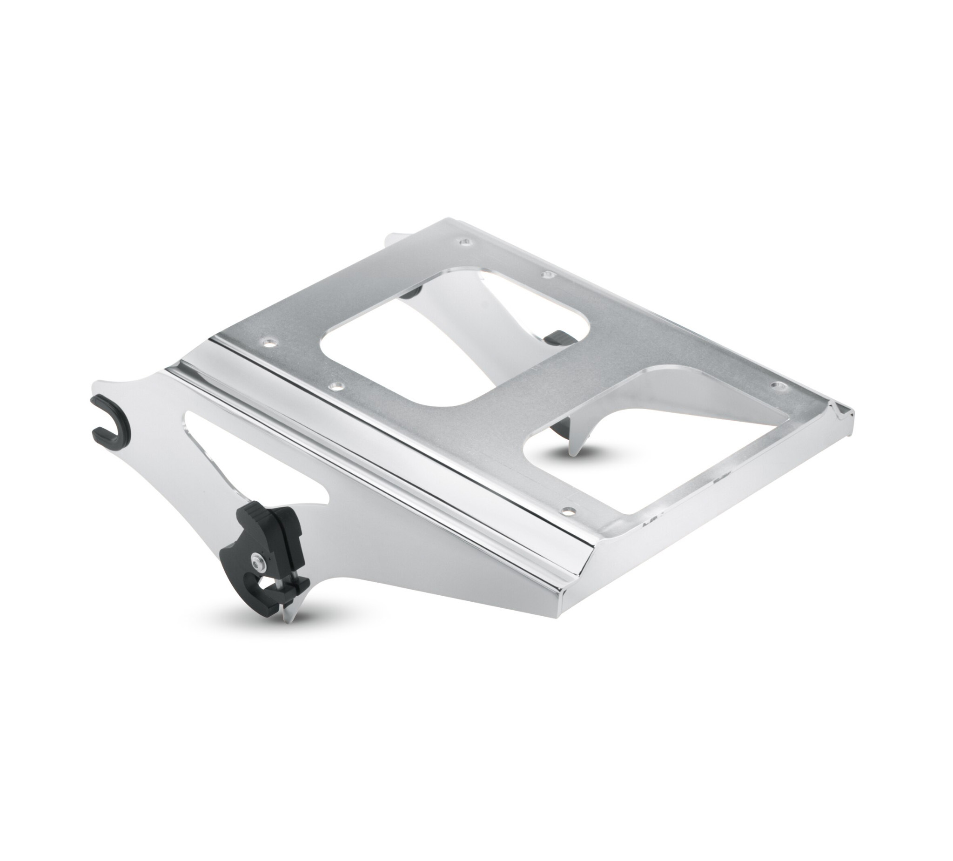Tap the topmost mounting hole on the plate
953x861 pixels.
pyautogui.click(x=467, y=242)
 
